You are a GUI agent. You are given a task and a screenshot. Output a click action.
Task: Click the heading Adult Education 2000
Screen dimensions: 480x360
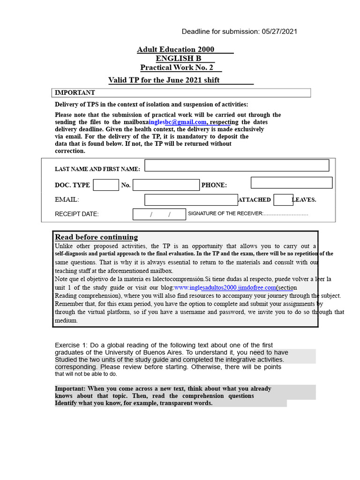point(176,50)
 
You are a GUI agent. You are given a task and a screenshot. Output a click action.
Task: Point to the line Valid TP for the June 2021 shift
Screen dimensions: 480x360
point(164,80)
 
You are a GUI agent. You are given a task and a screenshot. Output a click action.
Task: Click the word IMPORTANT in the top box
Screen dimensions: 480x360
point(75,93)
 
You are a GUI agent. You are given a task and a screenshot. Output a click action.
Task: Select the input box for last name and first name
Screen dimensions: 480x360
point(237,165)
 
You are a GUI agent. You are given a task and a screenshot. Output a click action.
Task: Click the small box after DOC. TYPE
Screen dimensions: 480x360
point(106,185)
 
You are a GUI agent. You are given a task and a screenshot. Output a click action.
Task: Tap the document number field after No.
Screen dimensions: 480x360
point(166,185)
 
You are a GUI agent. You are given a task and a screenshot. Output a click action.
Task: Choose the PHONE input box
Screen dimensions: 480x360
point(292,183)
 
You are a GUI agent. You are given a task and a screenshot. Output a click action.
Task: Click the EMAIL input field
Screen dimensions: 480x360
point(191,200)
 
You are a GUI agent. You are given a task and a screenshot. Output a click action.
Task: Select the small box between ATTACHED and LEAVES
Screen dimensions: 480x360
point(283,200)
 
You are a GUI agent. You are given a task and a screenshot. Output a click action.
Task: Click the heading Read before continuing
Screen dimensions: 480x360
point(97,237)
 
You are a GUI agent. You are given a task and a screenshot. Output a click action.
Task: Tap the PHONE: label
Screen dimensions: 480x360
point(214,186)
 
